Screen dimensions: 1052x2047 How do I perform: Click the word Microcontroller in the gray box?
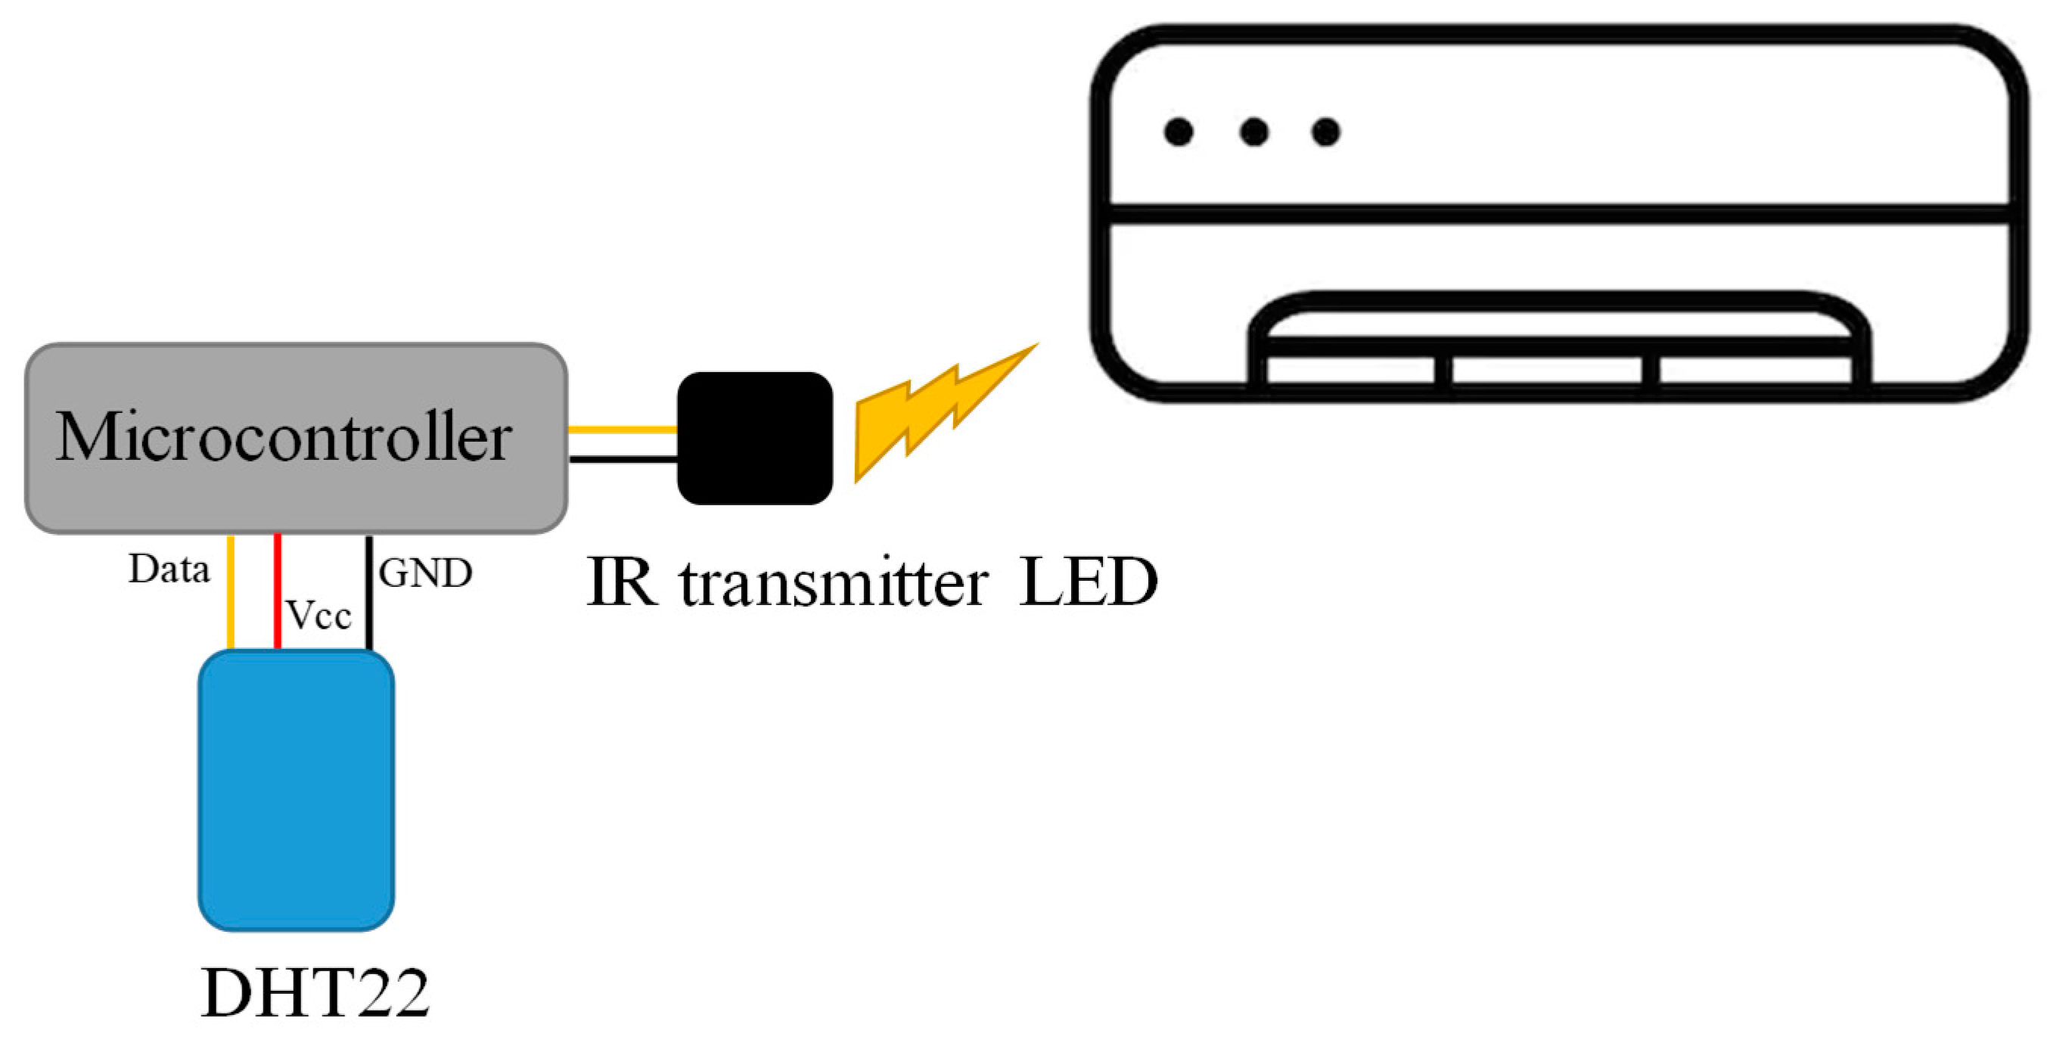point(284,437)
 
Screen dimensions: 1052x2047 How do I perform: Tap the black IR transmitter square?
point(754,438)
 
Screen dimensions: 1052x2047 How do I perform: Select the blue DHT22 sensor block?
point(296,790)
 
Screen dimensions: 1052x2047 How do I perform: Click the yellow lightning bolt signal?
point(938,413)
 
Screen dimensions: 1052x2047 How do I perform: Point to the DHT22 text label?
point(315,992)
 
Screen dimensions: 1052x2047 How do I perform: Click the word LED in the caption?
point(1087,582)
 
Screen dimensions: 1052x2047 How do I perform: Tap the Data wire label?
point(169,569)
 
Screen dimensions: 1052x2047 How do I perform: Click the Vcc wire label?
point(318,615)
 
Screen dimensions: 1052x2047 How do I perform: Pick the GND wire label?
point(425,573)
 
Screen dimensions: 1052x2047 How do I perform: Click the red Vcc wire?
point(278,591)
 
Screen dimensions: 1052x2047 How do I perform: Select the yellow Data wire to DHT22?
point(231,593)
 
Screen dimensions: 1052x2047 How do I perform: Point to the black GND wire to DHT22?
point(368,593)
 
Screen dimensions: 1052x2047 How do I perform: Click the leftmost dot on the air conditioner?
point(1179,132)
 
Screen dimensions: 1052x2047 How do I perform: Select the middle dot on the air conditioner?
point(1254,132)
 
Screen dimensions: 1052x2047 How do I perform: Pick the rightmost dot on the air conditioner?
point(1326,132)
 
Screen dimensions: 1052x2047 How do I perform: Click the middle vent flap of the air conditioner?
point(1546,371)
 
